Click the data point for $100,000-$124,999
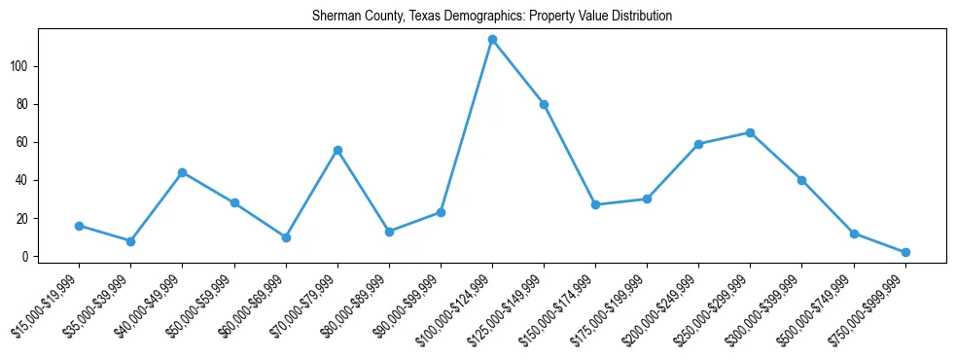(x=492, y=40)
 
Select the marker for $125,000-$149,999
(x=544, y=104)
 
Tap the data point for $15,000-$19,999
(x=79, y=226)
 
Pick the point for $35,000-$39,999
(x=130, y=241)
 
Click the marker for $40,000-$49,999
(x=182, y=172)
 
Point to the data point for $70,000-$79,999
(x=337, y=150)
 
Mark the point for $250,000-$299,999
(x=750, y=132)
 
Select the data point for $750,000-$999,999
(x=905, y=252)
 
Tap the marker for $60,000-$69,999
(x=286, y=237)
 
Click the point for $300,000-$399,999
(x=801, y=180)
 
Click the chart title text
(x=492, y=17)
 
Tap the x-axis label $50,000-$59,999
(x=200, y=304)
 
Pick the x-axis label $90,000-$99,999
(x=407, y=304)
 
